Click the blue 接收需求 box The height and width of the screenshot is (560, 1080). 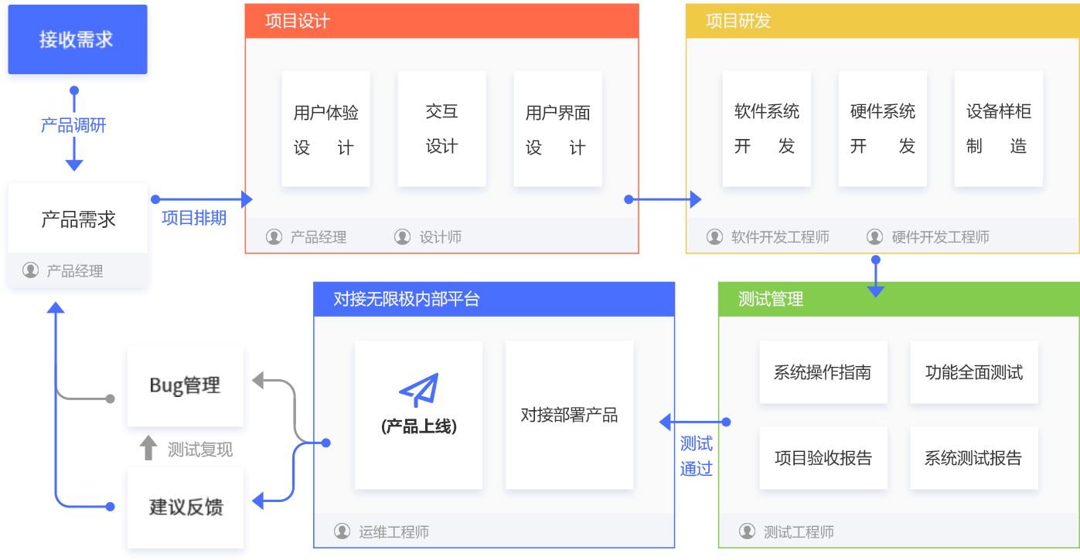point(77,39)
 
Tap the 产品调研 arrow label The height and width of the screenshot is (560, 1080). point(73,125)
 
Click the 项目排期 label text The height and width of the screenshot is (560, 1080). point(194,218)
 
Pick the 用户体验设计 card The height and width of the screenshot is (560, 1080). point(326,129)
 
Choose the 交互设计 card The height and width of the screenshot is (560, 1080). point(441,129)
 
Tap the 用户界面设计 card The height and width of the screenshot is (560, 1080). point(558,129)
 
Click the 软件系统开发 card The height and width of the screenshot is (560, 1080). point(767,129)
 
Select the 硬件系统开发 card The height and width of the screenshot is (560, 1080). point(883,129)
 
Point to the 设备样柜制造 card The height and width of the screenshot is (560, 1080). point(999,129)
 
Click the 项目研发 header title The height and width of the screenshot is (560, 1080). point(738,21)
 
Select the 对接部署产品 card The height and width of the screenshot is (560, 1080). point(570,415)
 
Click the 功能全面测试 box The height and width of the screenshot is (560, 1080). point(974,372)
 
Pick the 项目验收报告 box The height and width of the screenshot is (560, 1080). point(823,458)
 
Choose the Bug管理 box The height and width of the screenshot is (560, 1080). point(185,385)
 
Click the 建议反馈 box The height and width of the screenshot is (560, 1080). point(185,507)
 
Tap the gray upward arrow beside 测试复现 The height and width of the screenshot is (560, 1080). point(148,448)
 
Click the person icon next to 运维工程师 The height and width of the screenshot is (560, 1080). point(342,531)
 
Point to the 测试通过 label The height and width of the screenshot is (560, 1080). point(697,456)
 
